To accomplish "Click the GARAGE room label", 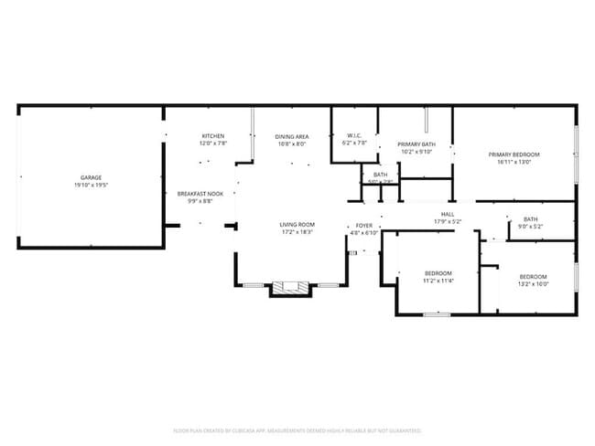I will coord(91,177).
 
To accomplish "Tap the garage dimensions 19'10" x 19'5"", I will coord(91,185).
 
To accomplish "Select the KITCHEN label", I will coord(213,136).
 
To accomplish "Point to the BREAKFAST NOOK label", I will coord(200,194).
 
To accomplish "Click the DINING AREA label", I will coord(291,136).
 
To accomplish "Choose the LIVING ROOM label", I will coord(297,224).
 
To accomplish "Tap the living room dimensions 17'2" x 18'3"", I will coord(297,231).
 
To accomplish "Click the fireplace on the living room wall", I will coord(291,288).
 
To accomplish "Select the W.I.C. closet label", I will coord(353,136).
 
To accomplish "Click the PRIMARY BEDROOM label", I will coord(514,154).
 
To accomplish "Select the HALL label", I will coord(448,214).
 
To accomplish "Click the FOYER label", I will coord(364,225).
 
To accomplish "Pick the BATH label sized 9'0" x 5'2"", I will coord(531,218).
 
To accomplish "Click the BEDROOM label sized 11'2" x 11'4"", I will coord(438,273).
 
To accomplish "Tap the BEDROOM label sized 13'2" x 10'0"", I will coord(533,277).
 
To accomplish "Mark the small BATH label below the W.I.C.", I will coord(380,175).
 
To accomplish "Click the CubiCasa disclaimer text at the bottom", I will coord(297,430).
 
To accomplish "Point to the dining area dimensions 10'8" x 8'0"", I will coord(291,143).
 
